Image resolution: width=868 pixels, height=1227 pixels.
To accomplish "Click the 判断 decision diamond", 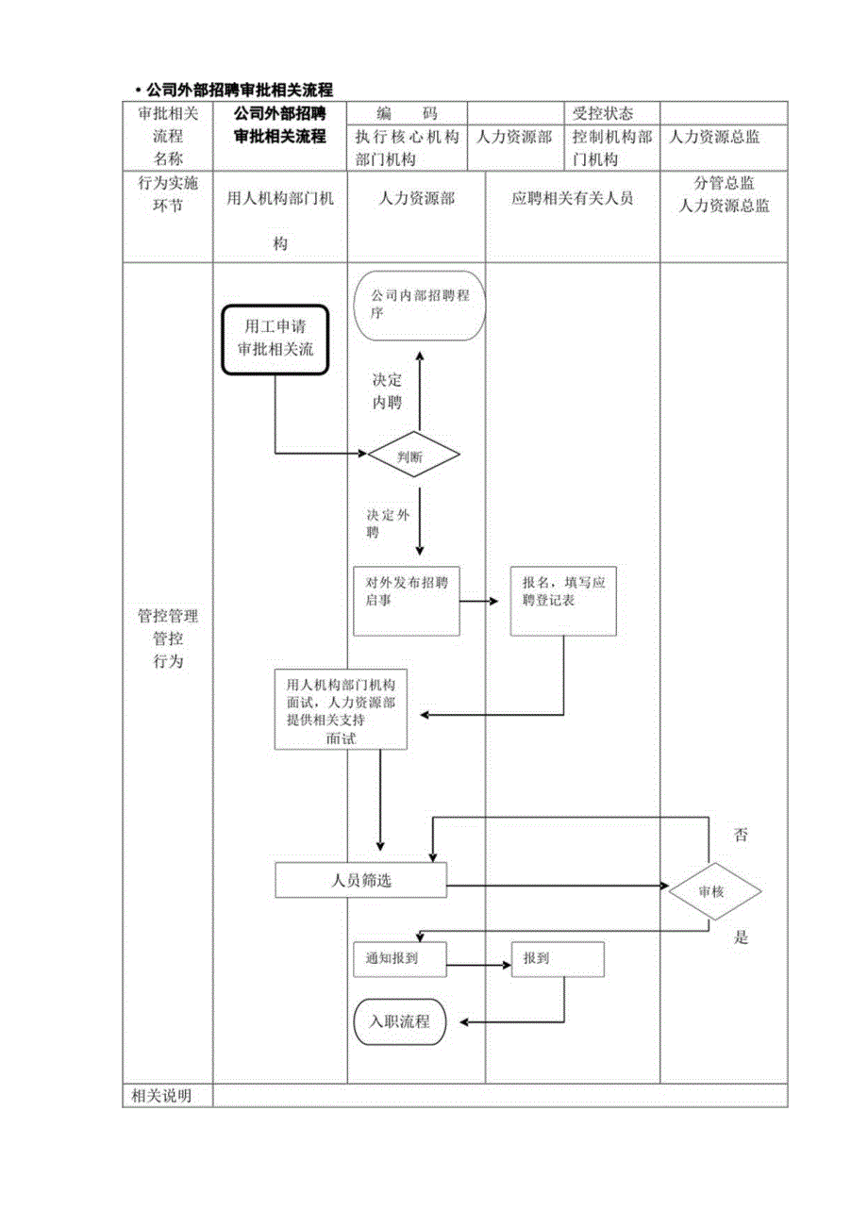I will pyautogui.click(x=414, y=456).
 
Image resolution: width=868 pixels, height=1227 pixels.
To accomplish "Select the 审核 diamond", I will pyautogui.click(x=714, y=889).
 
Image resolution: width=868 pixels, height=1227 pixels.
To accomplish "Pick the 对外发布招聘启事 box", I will pyautogui.click(x=407, y=602).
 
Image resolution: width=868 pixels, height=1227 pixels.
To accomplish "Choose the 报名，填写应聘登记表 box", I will pyautogui.click(x=564, y=601).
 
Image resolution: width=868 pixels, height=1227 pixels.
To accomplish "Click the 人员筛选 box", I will pyautogui.click(x=360, y=881).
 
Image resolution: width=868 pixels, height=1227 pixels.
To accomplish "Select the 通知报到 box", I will pyautogui.click(x=398, y=959).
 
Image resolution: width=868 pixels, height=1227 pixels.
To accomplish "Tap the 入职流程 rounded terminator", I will pyautogui.click(x=399, y=1021).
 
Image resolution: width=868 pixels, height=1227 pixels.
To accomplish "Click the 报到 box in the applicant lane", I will pyautogui.click(x=557, y=959).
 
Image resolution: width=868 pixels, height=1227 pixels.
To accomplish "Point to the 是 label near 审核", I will pyautogui.click(x=741, y=937).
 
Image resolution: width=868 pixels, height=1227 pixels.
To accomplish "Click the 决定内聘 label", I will pyautogui.click(x=387, y=391).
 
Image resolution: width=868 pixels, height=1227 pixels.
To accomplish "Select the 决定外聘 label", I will pyautogui.click(x=388, y=524).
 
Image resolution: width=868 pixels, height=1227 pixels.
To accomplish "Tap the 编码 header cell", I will pyautogui.click(x=407, y=113).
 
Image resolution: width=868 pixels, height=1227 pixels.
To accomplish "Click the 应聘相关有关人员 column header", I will pyautogui.click(x=572, y=199).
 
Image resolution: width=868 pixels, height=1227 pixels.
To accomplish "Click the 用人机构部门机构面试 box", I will pyautogui.click(x=341, y=710).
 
